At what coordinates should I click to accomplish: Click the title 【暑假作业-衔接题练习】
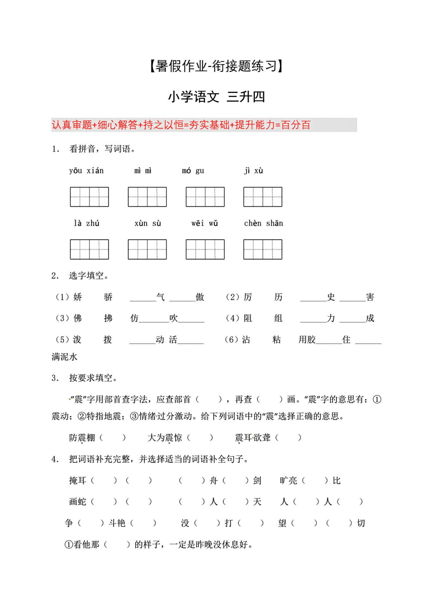(216, 66)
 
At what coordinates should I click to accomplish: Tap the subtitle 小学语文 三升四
(216, 97)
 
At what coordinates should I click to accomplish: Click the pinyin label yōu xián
(86, 171)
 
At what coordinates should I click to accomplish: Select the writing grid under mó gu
(205, 197)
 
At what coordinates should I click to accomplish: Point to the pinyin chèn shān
(263, 223)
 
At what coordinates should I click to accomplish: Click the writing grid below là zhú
(89, 249)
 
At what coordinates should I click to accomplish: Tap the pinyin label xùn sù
(147, 223)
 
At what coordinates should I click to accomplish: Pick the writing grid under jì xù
(262, 197)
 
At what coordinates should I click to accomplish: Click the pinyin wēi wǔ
(204, 223)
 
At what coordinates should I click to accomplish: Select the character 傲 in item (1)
(200, 297)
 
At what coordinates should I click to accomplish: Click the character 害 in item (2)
(370, 297)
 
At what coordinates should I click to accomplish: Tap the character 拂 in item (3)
(108, 319)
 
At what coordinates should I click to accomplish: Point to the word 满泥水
(64, 357)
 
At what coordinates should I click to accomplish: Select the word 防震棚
(82, 438)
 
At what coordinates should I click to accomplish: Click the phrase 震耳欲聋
(253, 438)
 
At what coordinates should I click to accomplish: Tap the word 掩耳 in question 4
(77, 480)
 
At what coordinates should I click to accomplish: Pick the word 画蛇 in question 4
(77, 502)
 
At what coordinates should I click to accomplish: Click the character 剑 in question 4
(257, 480)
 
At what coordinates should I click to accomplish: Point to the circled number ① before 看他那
(68, 545)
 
